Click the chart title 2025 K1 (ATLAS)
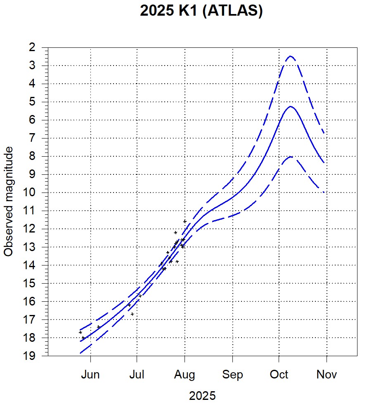point(201,11)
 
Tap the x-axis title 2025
point(202,396)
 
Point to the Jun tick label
point(90,375)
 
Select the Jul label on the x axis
point(137,375)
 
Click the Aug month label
point(185,375)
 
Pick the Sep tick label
point(232,375)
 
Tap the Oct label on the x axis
point(279,375)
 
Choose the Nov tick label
point(327,375)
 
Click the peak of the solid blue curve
point(291,106)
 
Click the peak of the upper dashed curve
point(291,56)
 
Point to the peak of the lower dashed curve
point(291,157)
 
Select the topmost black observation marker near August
point(185,221)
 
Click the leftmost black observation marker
point(80,332)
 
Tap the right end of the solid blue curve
point(324,163)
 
